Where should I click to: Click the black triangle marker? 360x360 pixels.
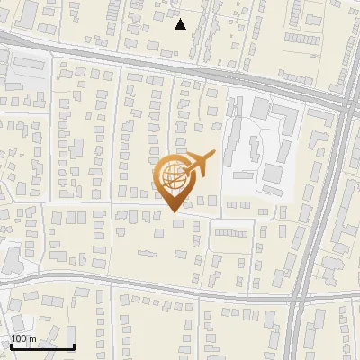click(181, 24)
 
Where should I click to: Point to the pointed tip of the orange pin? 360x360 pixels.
click(174, 211)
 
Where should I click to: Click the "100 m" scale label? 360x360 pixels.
click(23, 338)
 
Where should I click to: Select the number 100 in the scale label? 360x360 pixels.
click(19, 338)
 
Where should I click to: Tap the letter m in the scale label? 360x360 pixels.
click(32, 338)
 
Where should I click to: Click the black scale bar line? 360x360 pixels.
click(41, 346)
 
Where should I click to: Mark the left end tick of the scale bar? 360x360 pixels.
click(10, 345)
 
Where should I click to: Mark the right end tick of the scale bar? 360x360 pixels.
click(74, 345)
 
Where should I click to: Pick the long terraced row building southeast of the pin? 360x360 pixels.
click(232, 232)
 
